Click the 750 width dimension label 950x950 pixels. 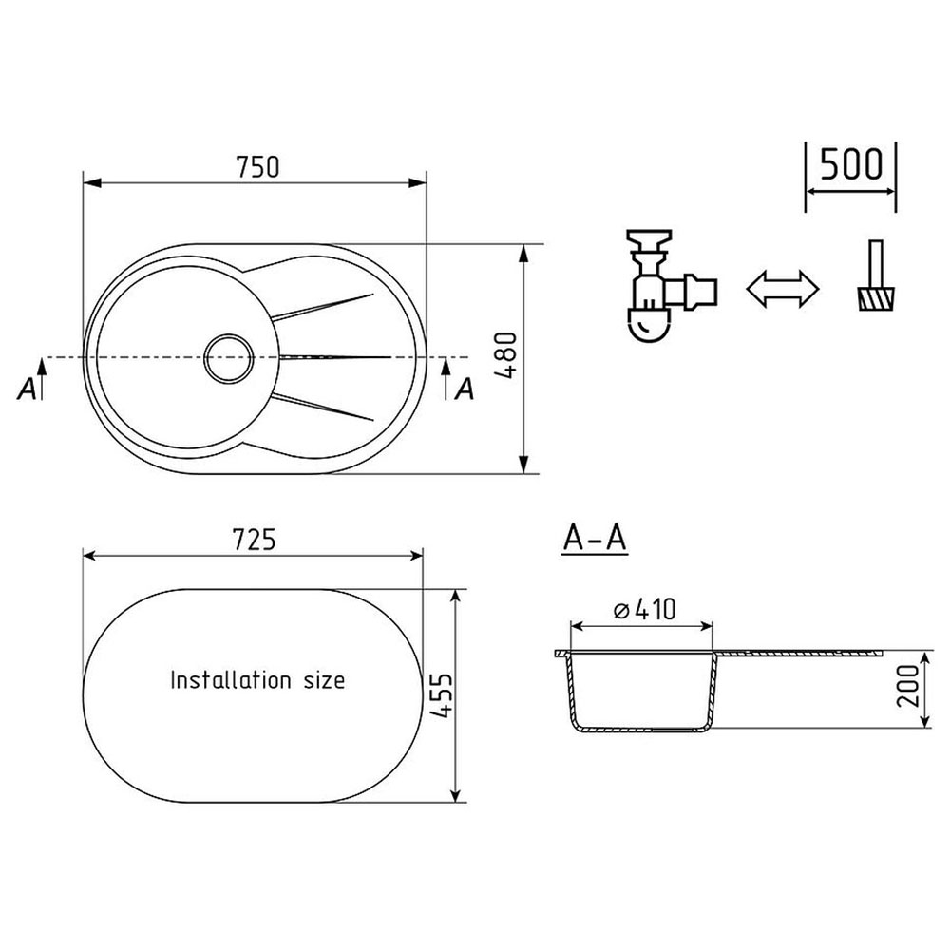click(x=258, y=167)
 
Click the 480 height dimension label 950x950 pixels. click(x=506, y=356)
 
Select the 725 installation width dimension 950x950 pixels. click(x=254, y=540)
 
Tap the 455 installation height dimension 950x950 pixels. click(x=442, y=695)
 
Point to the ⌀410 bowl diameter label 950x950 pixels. click(x=645, y=610)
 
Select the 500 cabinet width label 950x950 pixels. click(x=851, y=163)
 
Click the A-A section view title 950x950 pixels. click(x=595, y=538)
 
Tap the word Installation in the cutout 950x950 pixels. click(x=231, y=680)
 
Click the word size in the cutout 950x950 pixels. click(x=324, y=680)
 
